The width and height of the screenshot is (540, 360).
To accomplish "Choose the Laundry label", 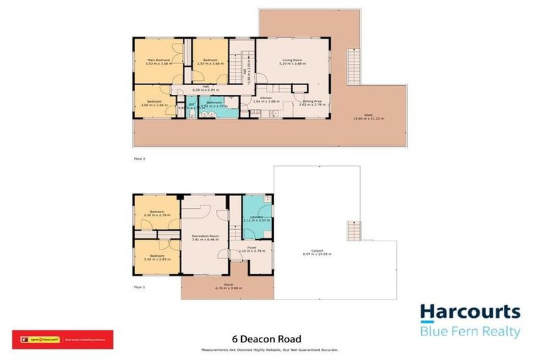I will (x=253, y=218).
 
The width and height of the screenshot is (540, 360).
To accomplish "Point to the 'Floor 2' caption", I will (x=139, y=159).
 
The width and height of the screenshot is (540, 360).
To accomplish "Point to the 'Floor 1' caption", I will (x=139, y=287).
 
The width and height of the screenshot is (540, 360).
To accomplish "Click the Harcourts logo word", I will (x=470, y=313).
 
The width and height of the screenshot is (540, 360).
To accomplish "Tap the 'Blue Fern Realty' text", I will (x=470, y=332).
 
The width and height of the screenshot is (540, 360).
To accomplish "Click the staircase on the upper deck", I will (x=353, y=67).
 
